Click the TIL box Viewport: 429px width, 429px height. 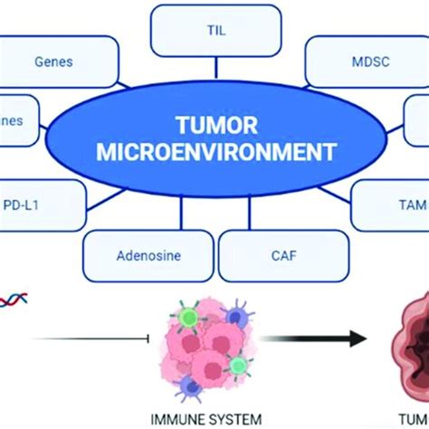coord(215,30)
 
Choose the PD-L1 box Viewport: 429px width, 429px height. coord(36,206)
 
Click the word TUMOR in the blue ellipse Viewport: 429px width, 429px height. coord(214,123)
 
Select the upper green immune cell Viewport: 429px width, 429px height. coord(187,315)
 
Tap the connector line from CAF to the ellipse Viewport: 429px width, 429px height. coord(262,218)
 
